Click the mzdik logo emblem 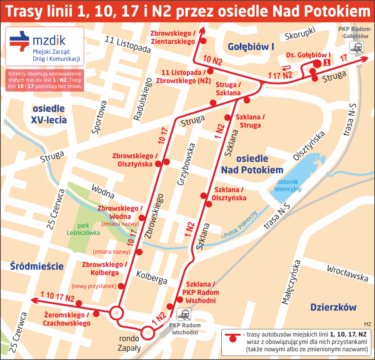click(x=20, y=40)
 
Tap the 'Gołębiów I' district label click(x=251, y=47)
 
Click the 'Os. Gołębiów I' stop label click(x=308, y=55)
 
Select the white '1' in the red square click(x=327, y=63)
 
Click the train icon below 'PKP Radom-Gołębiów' click(x=356, y=48)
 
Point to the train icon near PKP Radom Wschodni click(x=184, y=314)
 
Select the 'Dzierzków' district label click(x=333, y=308)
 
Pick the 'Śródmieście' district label click(x=37, y=266)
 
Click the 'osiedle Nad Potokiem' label click(x=252, y=164)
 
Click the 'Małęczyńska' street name click(x=291, y=283)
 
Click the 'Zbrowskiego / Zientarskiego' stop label click(x=173, y=37)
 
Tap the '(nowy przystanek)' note click(x=93, y=286)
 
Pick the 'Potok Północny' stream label click(x=240, y=224)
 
